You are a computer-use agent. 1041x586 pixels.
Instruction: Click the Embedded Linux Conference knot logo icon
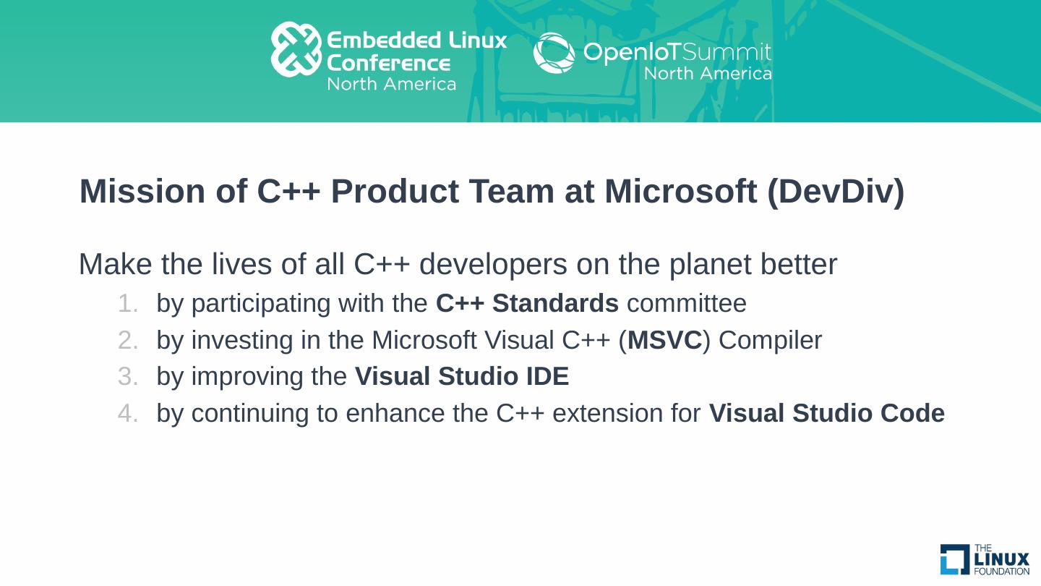tap(296, 49)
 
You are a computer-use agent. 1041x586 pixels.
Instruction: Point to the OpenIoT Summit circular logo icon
tap(554, 53)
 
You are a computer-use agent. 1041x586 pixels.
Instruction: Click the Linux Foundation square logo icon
tap(954, 559)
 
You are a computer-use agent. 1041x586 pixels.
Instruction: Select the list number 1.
tap(127, 304)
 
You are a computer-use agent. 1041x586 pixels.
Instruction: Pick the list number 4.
tap(127, 414)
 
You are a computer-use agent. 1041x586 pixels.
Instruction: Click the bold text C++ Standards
tap(527, 304)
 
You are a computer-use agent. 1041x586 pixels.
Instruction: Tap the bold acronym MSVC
tap(664, 340)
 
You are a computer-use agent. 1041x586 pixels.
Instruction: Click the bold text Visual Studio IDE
tap(461, 377)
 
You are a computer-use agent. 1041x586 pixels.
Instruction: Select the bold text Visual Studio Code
tap(826, 414)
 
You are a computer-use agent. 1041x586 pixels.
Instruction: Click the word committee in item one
tap(686, 304)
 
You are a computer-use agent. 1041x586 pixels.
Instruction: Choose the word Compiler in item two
tap(770, 340)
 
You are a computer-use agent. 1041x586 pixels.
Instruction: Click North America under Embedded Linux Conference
tap(391, 84)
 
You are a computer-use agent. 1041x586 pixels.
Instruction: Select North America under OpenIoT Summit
tap(707, 74)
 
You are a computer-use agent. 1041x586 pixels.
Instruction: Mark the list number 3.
tap(127, 377)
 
